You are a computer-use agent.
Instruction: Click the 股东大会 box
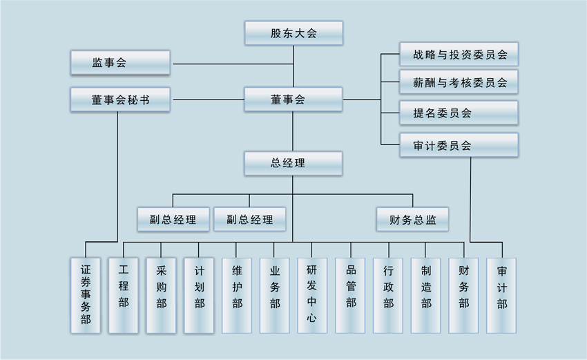[x=293, y=33]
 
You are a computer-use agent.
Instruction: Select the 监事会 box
[x=120, y=63]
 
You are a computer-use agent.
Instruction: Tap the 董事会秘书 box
[x=120, y=100]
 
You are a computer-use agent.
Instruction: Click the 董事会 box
[x=293, y=100]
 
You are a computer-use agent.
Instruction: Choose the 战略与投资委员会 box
[x=459, y=54]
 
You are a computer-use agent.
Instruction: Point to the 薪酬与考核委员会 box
[x=459, y=83]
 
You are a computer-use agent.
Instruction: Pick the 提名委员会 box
[x=459, y=113]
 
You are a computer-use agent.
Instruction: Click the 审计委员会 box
[x=459, y=145]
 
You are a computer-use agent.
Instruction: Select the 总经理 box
[x=293, y=164]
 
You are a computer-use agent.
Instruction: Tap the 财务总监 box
[x=412, y=220]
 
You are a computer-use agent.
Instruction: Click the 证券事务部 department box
[x=86, y=295]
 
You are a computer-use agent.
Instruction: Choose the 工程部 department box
[x=124, y=295]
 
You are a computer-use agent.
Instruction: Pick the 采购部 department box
[x=162, y=295]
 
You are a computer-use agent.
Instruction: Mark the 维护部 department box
[x=237, y=295]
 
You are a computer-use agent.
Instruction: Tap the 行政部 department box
[x=388, y=295]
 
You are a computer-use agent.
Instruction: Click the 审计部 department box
[x=501, y=295]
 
